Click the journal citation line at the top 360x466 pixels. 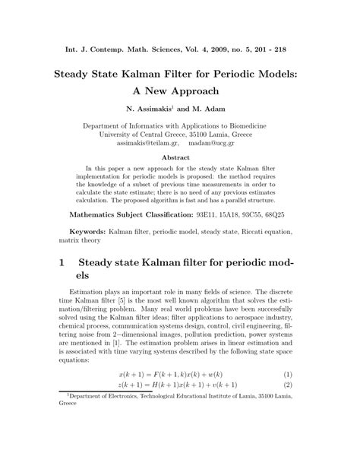(x=180, y=47)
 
